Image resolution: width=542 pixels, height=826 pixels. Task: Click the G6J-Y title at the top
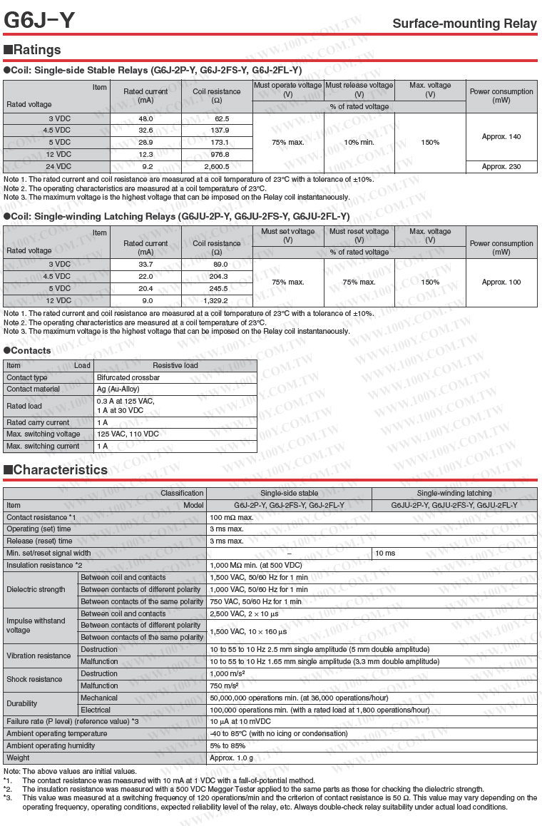[39, 21]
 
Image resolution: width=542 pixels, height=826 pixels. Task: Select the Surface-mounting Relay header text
[464, 24]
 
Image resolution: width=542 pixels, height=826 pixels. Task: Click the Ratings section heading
[33, 50]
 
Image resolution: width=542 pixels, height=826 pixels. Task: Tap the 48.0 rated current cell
[145, 118]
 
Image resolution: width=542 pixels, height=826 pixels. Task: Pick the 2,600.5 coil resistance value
[217, 167]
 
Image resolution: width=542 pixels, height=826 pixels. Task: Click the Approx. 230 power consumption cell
[501, 167]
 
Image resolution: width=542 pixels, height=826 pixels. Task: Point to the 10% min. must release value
[359, 143]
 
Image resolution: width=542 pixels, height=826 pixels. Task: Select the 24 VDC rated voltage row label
[59, 167]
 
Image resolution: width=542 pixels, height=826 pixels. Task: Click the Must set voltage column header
[287, 235]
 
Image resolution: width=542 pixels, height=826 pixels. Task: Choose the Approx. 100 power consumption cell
[501, 282]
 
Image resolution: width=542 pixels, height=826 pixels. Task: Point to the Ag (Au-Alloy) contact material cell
[118, 389]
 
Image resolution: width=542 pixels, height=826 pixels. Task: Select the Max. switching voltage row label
[44, 434]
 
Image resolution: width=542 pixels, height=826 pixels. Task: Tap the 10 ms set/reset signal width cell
[385, 554]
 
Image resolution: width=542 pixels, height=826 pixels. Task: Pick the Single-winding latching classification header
[454, 494]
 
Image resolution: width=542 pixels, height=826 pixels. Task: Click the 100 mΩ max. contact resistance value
[232, 517]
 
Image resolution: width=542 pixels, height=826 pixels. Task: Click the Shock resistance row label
[35, 680]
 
